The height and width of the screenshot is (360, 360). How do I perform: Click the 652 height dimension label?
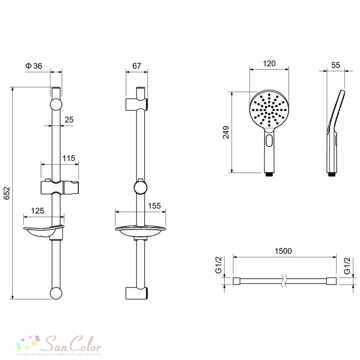click(7, 193)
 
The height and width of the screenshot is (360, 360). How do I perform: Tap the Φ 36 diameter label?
click(34, 66)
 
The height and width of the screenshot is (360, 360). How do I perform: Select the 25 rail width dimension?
click(69, 120)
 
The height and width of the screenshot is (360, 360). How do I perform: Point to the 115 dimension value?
click(69, 158)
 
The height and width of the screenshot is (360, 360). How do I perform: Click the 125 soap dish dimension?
click(37, 211)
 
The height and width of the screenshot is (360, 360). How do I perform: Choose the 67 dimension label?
click(136, 66)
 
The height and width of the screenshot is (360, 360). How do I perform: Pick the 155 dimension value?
click(154, 206)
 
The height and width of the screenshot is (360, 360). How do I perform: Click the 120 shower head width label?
click(269, 64)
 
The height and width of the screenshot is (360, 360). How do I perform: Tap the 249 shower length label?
click(226, 132)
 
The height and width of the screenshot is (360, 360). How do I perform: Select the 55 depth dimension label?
click(336, 65)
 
